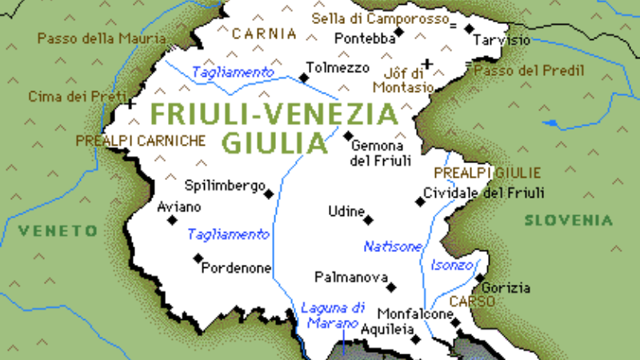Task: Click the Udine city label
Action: click(345, 211)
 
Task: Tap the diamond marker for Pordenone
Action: click(198, 258)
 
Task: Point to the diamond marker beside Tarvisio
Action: click(470, 29)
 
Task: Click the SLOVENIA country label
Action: click(569, 220)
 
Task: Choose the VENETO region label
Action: click(58, 230)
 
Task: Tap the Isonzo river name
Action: click(453, 265)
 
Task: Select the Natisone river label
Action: click(392, 246)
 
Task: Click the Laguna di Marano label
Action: click(332, 314)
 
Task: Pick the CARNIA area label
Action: click(264, 34)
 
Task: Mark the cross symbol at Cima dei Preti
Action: click(130, 104)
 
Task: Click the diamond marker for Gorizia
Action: click(480, 278)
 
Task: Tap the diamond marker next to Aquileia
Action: click(416, 338)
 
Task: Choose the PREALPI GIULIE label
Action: click(487, 172)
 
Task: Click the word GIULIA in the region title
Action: click(274, 142)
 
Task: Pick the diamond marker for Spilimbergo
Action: click(269, 194)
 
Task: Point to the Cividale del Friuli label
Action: click(484, 192)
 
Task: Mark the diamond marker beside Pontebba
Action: click(399, 32)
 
